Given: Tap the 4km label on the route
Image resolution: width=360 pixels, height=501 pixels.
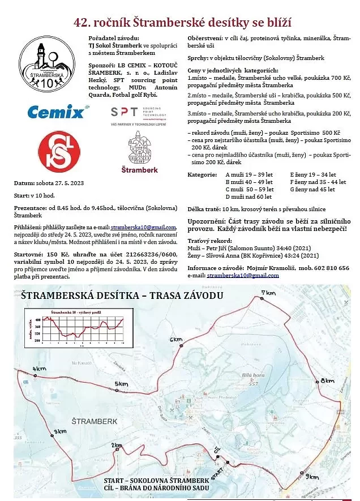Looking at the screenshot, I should tap(39, 369).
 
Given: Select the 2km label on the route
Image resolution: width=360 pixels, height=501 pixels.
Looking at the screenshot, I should tap(117, 446).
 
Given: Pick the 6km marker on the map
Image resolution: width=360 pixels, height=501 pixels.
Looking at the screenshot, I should tap(176, 339).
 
